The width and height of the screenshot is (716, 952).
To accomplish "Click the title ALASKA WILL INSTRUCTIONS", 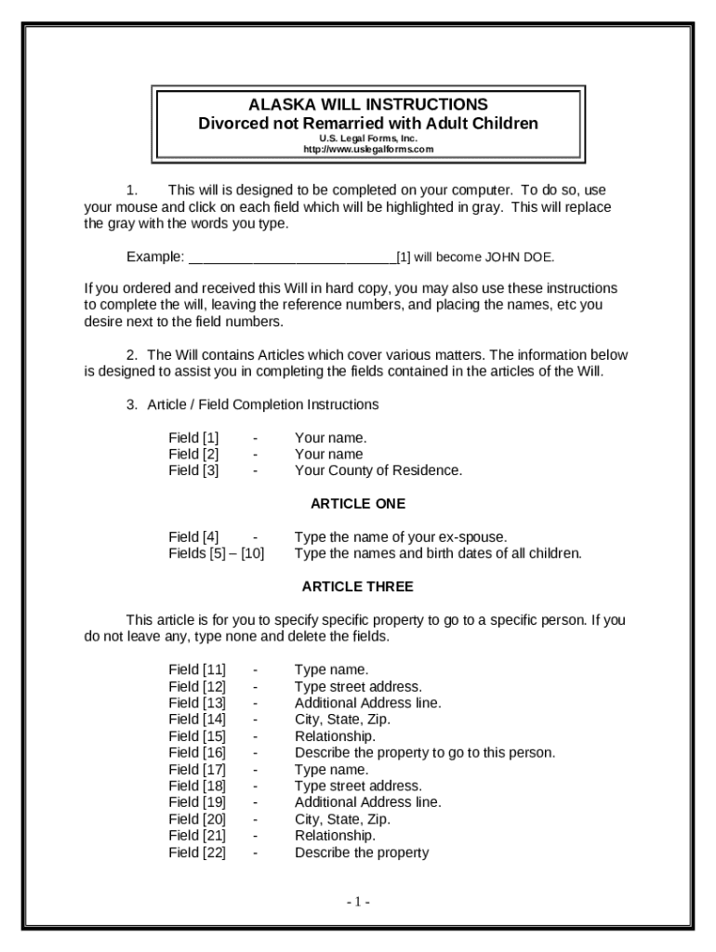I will point(368,104).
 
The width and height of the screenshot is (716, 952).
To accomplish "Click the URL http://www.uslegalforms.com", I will point(368,150).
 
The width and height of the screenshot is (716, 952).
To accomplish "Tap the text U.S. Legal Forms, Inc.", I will point(368,139).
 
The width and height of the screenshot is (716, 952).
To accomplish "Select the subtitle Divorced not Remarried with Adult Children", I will point(368,124).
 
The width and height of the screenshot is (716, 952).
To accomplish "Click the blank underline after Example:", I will point(292,257).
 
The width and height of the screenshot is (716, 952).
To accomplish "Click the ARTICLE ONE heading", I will point(358,504).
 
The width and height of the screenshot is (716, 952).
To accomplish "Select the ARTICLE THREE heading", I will point(358,587).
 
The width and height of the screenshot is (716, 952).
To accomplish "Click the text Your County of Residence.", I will point(378,470).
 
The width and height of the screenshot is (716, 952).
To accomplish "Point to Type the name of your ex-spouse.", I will point(401,536).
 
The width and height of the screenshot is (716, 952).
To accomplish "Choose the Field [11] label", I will point(197,669).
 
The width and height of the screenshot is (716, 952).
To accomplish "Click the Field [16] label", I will point(197,752).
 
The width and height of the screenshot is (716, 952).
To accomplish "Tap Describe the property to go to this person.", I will point(425,752).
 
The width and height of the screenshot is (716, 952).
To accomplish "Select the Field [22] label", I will point(197,852).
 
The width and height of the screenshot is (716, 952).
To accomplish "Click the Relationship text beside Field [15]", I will point(335,735).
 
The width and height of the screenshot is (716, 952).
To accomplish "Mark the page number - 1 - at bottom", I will point(358,902).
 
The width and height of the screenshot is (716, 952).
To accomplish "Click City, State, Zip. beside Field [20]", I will point(342,819).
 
